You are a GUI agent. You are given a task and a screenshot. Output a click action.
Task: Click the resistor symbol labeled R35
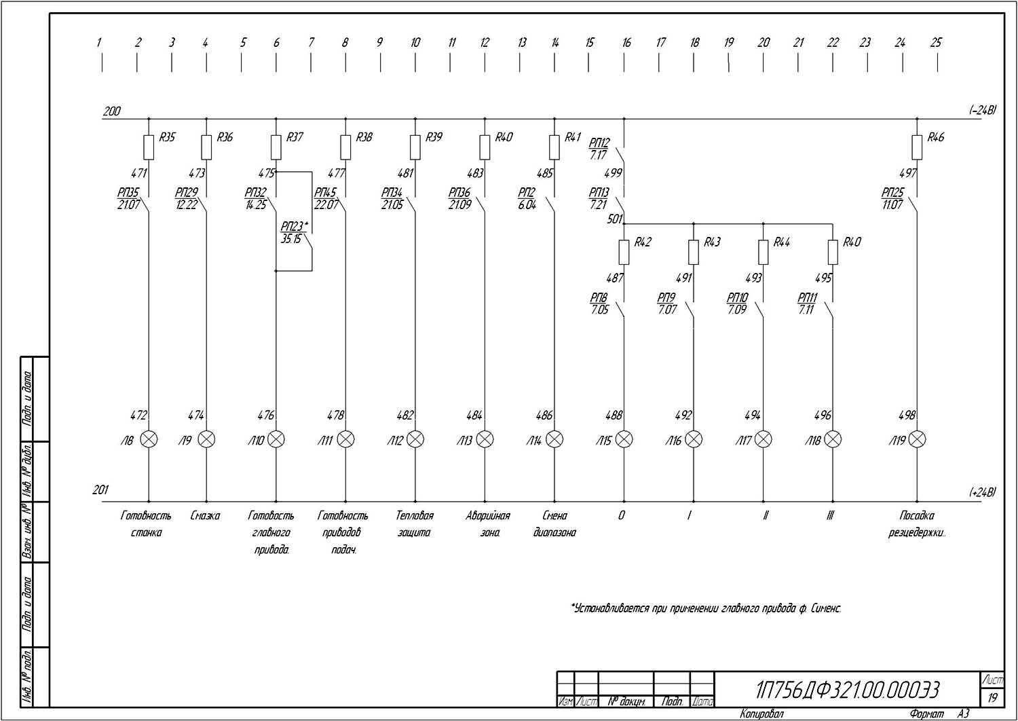point(149,147)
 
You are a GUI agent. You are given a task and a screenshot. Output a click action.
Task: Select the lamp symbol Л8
point(149,440)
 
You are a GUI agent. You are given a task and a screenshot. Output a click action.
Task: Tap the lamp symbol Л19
point(917,440)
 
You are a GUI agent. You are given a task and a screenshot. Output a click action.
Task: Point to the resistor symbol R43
point(694,252)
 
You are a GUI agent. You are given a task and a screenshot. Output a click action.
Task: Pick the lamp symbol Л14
point(554,440)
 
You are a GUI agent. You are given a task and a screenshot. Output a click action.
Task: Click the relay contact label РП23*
point(295,227)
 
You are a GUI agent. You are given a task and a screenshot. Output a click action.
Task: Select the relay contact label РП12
point(599,143)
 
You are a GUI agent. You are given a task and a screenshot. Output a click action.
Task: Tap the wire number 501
point(614,219)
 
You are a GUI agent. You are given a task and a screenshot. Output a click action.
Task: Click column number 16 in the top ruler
point(626,42)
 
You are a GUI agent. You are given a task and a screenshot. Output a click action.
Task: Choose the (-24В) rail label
point(982,110)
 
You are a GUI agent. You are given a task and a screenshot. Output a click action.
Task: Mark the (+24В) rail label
point(982,492)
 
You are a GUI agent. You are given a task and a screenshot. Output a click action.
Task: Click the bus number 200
point(111,111)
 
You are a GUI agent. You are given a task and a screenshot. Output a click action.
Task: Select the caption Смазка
point(205,516)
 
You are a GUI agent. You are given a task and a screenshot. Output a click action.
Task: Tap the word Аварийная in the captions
point(487,516)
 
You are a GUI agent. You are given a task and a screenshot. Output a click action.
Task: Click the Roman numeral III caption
point(830,516)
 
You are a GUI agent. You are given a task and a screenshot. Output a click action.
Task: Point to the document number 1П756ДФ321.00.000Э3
point(848,690)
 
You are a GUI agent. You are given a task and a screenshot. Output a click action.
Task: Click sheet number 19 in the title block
point(992,697)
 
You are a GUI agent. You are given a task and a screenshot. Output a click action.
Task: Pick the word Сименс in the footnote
point(826,608)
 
